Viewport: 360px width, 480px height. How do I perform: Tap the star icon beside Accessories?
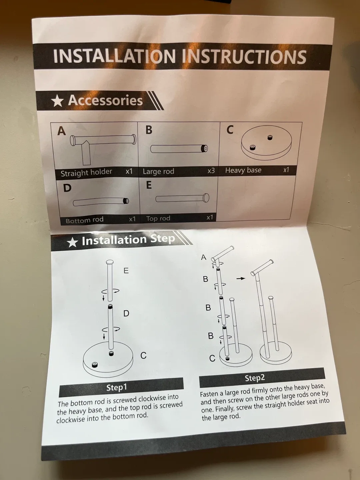tap(57, 101)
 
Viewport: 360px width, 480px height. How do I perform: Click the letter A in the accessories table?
tap(61, 131)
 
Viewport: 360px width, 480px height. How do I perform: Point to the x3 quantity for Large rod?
tap(211, 171)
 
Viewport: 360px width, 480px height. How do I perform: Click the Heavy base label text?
tap(243, 170)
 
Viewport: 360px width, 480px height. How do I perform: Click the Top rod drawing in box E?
tap(182, 198)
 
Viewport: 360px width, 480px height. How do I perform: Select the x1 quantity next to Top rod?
tap(209, 217)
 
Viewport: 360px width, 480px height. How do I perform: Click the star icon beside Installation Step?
tap(72, 242)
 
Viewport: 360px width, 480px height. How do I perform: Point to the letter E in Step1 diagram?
tap(126, 271)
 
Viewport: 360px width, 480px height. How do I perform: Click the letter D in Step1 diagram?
tap(126, 313)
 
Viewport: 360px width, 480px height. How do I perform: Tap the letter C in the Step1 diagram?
tap(143, 356)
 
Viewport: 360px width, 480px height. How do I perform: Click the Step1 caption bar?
tap(121, 387)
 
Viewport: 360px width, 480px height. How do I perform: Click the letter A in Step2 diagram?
tap(204, 257)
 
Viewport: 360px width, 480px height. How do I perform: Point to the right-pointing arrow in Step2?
tap(241, 278)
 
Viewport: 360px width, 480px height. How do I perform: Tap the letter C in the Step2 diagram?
tap(212, 359)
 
